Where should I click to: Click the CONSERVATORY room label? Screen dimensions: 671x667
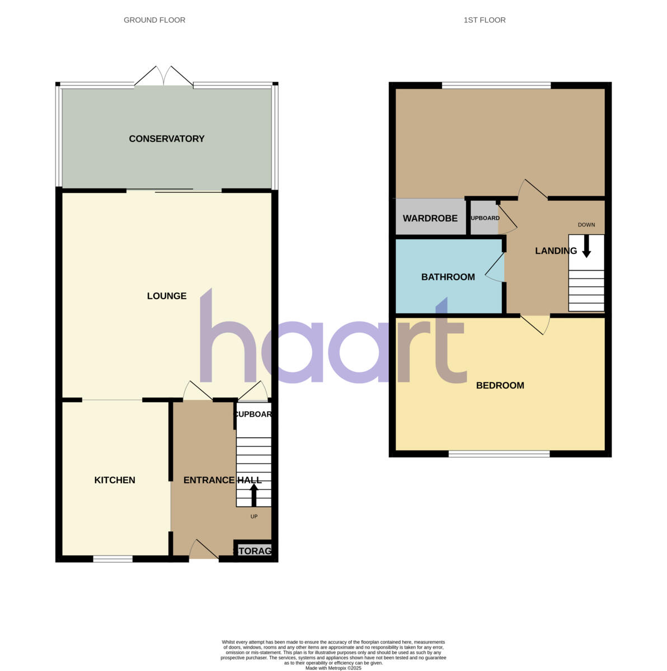(x=167, y=139)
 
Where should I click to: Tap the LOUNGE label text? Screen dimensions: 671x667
(x=167, y=296)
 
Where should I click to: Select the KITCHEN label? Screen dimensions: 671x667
(x=115, y=480)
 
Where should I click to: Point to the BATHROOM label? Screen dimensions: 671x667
(x=448, y=277)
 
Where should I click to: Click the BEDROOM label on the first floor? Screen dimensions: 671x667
(x=500, y=385)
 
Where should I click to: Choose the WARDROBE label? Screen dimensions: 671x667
(x=430, y=218)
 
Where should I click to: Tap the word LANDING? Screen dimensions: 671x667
(x=556, y=251)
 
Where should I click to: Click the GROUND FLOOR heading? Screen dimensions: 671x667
(x=154, y=20)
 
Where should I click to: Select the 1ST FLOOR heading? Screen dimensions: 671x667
(x=485, y=20)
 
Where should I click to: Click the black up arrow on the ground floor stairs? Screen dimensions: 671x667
(x=253, y=494)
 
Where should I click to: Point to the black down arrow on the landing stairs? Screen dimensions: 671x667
(x=586, y=247)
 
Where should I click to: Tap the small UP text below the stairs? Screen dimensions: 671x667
(x=254, y=517)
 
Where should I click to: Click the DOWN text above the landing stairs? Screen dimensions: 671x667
(x=586, y=225)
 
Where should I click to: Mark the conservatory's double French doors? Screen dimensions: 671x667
(x=164, y=77)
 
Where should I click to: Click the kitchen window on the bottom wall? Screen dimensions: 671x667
(x=112, y=559)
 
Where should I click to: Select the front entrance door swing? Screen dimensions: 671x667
(x=203, y=550)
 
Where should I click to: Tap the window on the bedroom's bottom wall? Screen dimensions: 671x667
(x=499, y=454)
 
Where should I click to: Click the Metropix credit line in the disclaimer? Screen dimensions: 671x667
(x=333, y=668)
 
